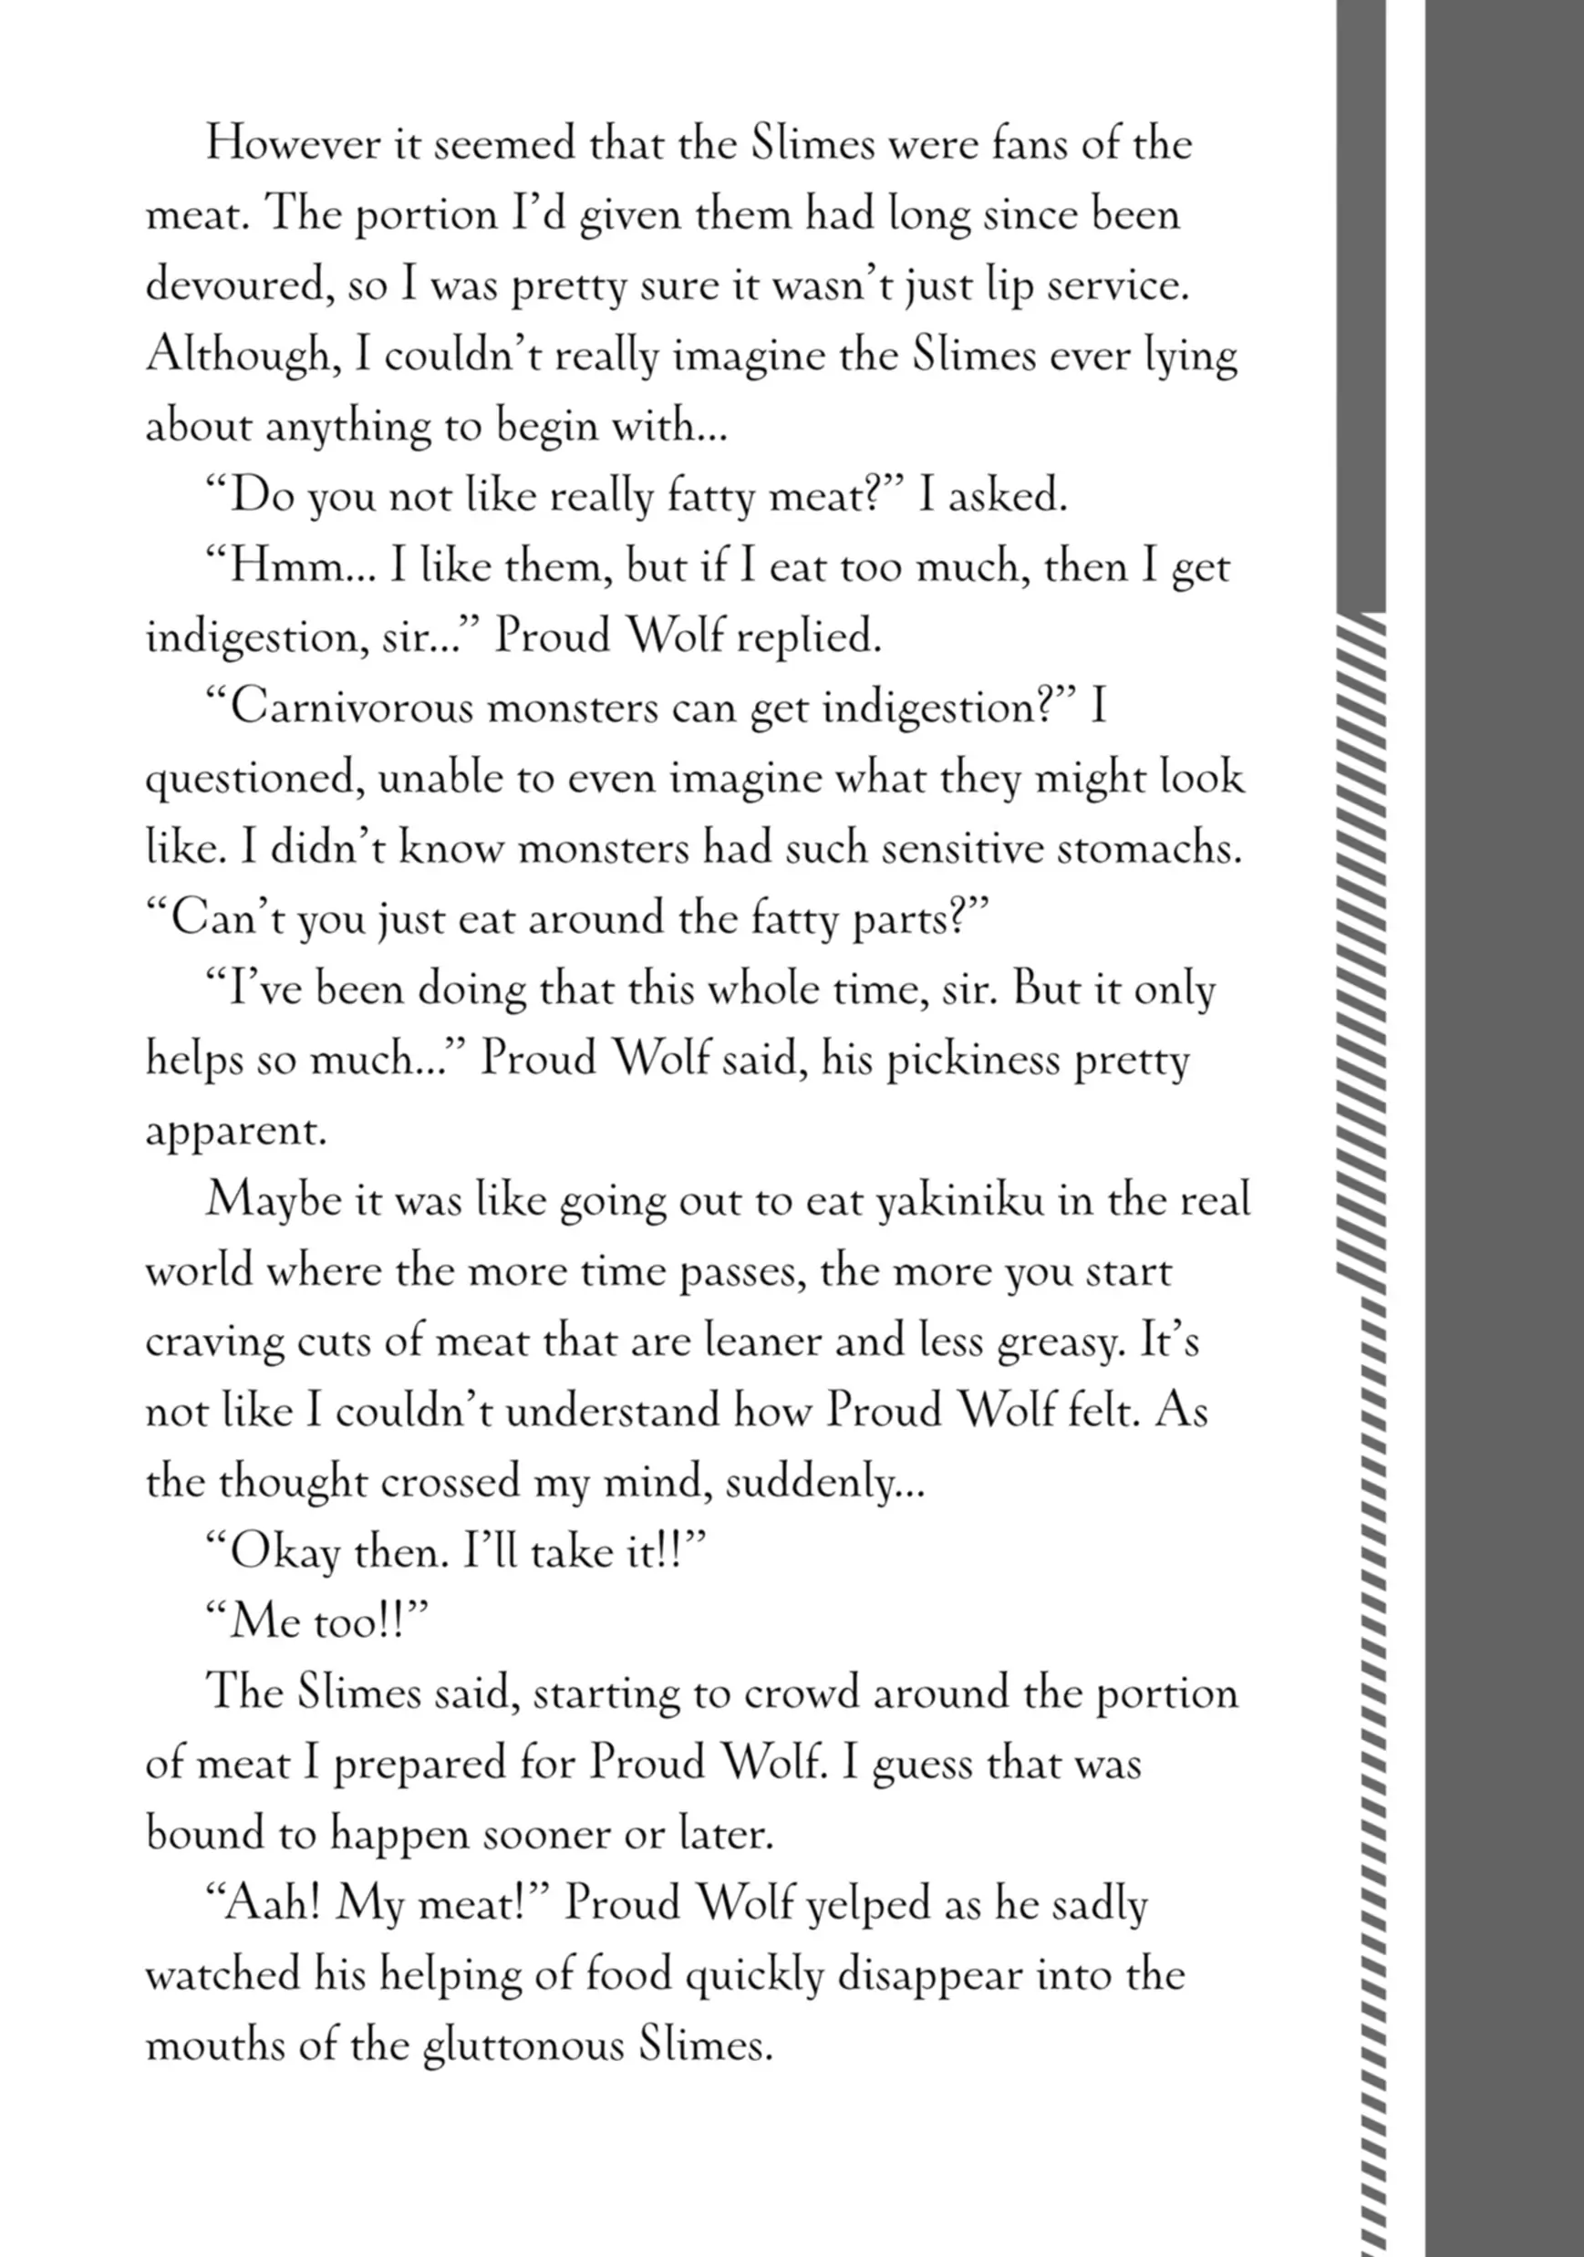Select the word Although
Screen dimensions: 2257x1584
(x=243, y=355)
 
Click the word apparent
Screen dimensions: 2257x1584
(x=235, y=1133)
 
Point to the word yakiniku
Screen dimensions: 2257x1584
(x=958, y=1202)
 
